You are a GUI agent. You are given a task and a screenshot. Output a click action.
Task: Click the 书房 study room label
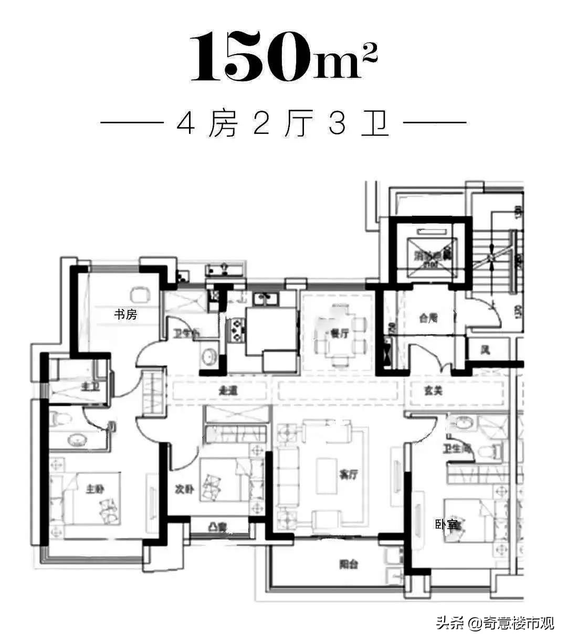coord(126,314)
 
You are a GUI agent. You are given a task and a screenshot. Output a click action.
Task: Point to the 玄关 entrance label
coord(433,391)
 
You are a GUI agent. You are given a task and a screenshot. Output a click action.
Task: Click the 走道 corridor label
coord(228,391)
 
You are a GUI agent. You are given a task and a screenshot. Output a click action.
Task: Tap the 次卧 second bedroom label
coord(184,489)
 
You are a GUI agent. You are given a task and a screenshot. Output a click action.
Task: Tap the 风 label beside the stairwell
coord(485,350)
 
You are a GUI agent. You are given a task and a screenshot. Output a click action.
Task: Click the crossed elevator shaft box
coord(426,250)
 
